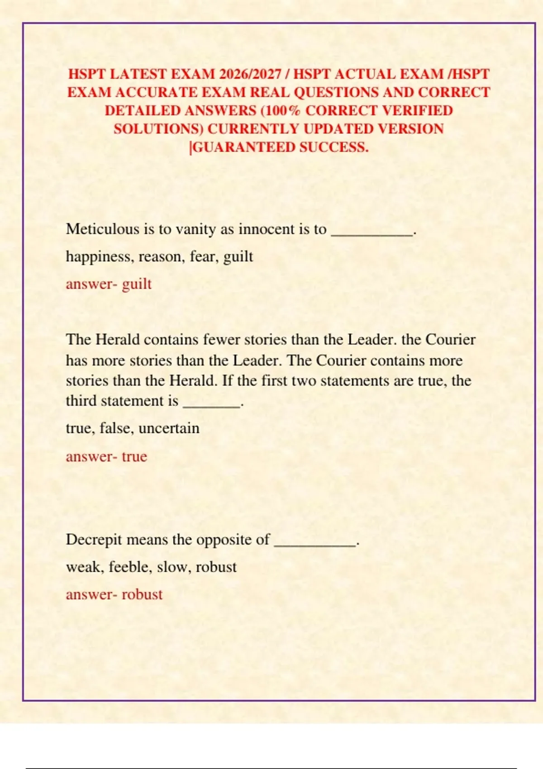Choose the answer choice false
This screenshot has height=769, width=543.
(115, 428)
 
